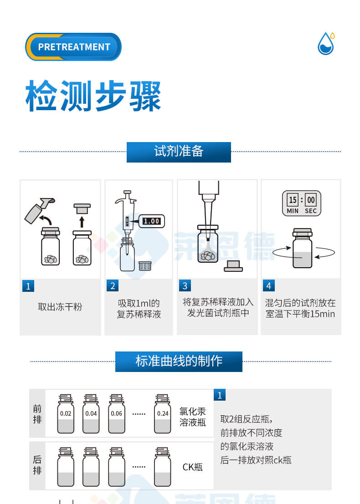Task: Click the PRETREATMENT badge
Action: [73, 47]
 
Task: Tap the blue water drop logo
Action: [326, 44]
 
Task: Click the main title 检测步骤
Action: [93, 96]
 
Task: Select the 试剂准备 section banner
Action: [179, 152]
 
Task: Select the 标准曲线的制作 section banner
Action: [179, 361]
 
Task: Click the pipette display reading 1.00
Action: [151, 221]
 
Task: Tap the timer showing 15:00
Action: [302, 203]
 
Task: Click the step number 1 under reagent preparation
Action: [28, 286]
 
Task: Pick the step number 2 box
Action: [113, 286]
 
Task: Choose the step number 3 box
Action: [185, 286]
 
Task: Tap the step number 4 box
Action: [269, 286]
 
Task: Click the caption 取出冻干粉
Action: [60, 307]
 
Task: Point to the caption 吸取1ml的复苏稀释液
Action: [139, 309]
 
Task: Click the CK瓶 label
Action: [192, 467]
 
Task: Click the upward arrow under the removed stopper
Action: [82, 222]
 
